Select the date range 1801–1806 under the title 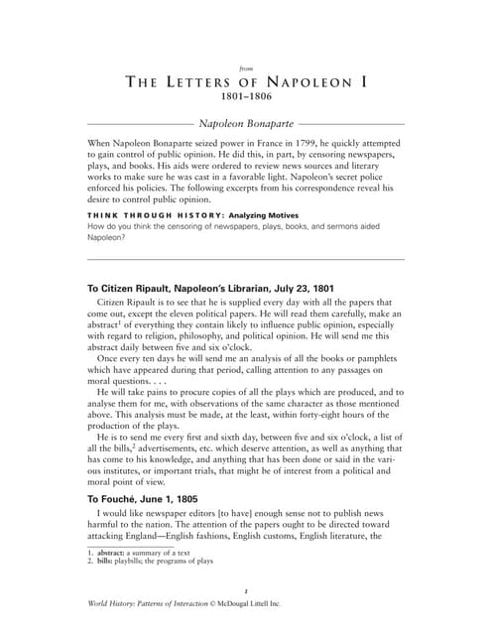(245, 98)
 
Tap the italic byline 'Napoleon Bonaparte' (245, 125)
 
